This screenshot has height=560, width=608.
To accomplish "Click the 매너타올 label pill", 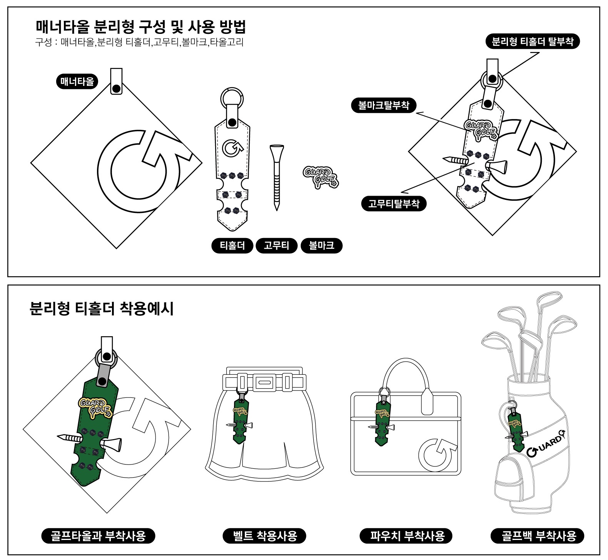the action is (x=77, y=82).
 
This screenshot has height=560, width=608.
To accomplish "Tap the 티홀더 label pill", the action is (x=232, y=246).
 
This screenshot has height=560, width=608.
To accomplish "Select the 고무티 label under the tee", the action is (x=277, y=246).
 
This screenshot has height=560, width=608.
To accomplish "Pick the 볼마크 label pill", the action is (x=321, y=246).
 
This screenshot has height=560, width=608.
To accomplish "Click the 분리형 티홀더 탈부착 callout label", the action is (x=533, y=41).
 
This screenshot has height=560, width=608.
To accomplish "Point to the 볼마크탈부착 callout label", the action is (x=384, y=106).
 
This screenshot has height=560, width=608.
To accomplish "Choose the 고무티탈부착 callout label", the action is (x=394, y=203).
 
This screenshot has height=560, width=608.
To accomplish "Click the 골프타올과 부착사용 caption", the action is (x=98, y=536).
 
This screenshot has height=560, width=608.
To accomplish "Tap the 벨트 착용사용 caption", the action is (x=264, y=536).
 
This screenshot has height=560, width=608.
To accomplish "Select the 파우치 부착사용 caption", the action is (x=406, y=536).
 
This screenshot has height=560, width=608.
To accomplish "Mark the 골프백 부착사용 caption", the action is (x=537, y=536).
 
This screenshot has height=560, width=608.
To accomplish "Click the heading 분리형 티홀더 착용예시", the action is (x=102, y=309).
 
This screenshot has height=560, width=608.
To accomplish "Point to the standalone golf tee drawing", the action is (x=277, y=178).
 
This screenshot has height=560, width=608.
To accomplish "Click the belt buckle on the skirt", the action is (x=264, y=382).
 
